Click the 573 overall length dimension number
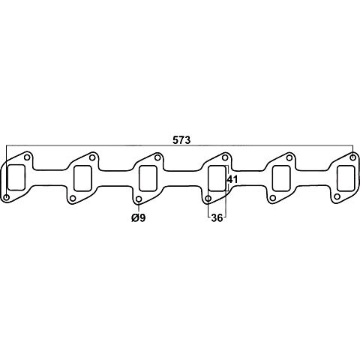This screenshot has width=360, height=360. [181, 140]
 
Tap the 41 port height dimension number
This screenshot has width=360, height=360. [232, 179]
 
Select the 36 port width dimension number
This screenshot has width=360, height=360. [217, 218]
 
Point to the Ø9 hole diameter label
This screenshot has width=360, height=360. [138, 218]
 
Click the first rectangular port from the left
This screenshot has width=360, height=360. [16, 178]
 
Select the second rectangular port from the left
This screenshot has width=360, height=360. [82, 178]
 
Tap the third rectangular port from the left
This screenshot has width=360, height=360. [148, 178]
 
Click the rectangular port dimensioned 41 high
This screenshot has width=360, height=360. [217, 178]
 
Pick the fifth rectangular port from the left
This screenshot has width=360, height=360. [281, 178]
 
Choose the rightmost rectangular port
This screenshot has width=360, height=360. [346, 178]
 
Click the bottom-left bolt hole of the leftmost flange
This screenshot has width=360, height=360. [7, 197]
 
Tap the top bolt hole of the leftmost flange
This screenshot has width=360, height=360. [27, 157]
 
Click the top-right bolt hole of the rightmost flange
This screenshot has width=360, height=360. [352, 157]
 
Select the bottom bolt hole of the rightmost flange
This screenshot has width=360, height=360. [337, 196]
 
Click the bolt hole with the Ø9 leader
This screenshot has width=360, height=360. [139, 199]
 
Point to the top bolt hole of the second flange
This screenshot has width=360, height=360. [92, 157]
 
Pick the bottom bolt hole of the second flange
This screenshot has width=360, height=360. [73, 199]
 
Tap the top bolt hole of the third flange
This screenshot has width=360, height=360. [157, 157]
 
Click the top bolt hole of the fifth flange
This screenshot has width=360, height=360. [289, 158]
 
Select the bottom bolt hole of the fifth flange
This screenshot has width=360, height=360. [273, 198]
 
